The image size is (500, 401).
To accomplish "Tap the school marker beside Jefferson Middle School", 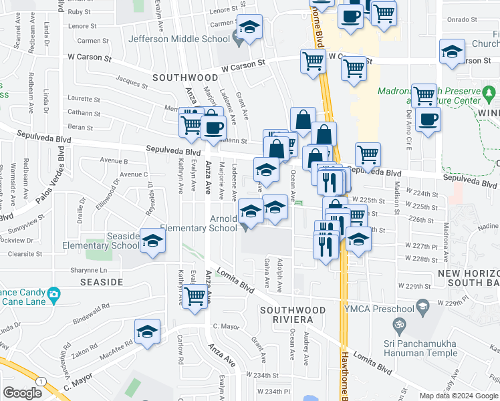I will [x=250, y=29].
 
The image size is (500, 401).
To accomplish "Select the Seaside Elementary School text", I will [x=100, y=241].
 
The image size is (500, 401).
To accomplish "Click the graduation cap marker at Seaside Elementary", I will [x=153, y=241].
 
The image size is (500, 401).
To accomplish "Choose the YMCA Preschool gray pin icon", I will [x=422, y=307].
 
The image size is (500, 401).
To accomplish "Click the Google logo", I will [x=23, y=393].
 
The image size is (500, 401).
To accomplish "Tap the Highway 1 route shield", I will [x=43, y=380].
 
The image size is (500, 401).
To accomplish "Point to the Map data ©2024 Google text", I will [x=459, y=396].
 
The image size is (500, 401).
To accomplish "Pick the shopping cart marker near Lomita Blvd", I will [x=195, y=296].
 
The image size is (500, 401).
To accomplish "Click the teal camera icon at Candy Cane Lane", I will [x=53, y=293].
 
